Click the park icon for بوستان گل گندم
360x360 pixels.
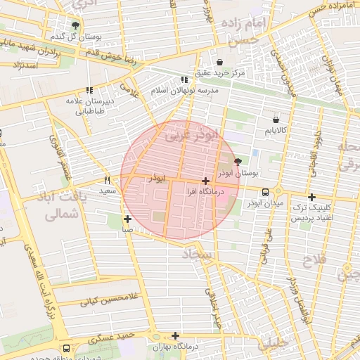coord(75,25)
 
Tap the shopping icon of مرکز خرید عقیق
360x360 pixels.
coord(221,61)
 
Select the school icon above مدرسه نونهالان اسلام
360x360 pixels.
coord(184,80)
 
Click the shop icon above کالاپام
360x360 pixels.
coord(275,120)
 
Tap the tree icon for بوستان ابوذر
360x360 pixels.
coord(237,161)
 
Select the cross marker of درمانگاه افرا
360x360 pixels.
coord(205,181)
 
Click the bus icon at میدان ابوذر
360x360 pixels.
coord(265,192)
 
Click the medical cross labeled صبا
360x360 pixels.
coord(127,219)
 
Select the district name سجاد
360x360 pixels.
coord(197,252)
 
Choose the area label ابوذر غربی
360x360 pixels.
coord(191,135)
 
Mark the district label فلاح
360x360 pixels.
coord(314,261)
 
